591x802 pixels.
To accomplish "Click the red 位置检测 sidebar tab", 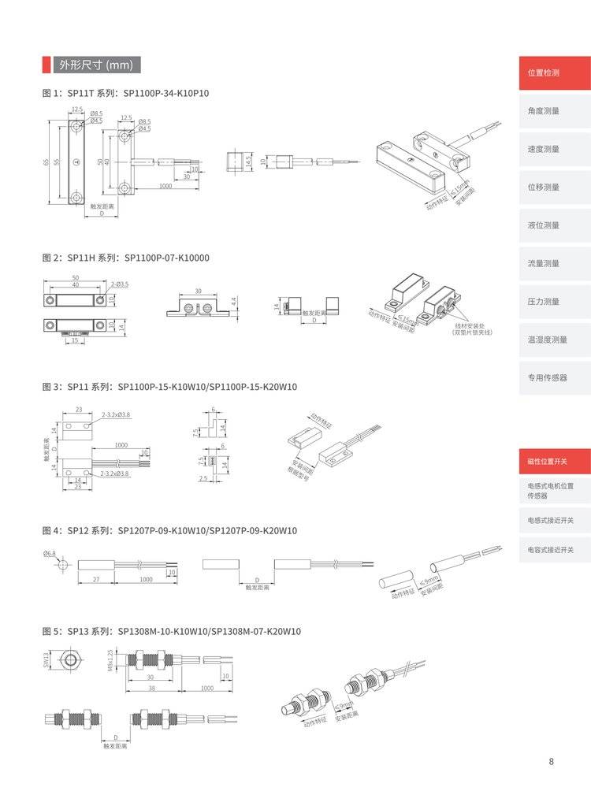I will (x=554, y=72).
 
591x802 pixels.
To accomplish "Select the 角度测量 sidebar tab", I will (x=554, y=111).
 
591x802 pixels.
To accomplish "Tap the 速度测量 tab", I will (x=554, y=149).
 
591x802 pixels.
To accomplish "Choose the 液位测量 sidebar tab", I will (x=554, y=225).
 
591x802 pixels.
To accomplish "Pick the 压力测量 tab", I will (x=554, y=302).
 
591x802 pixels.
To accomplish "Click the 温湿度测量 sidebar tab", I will (x=554, y=340).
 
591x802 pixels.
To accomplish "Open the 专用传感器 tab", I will (x=554, y=377).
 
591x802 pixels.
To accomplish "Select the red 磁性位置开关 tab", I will (x=554, y=461).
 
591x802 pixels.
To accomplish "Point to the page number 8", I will (x=551, y=761).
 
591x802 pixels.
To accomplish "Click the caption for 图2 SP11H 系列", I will (x=125, y=258).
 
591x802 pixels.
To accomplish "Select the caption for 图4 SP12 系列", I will (x=169, y=530).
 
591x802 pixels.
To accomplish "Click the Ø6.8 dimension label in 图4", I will (x=50, y=555).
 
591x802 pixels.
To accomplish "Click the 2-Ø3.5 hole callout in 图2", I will (x=120, y=284).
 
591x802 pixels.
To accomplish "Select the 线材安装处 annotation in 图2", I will (x=471, y=328).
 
